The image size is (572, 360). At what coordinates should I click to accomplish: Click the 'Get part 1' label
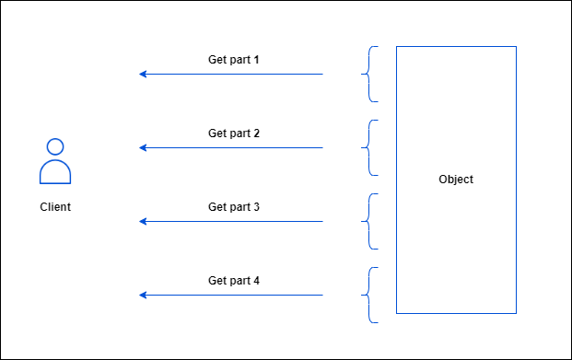(x=234, y=60)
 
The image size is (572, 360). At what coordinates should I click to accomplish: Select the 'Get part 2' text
(x=234, y=134)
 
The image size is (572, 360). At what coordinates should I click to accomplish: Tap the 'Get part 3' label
(x=234, y=207)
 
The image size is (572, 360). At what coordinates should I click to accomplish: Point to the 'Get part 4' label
(x=234, y=281)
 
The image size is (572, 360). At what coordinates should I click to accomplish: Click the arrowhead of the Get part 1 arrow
(x=143, y=74)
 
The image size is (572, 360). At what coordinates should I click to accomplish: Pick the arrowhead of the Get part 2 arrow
(x=143, y=147)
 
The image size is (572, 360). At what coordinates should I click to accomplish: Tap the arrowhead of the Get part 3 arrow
(x=143, y=221)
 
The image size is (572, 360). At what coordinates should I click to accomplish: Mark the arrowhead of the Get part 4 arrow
(x=143, y=295)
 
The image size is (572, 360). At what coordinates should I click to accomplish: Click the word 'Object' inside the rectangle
(x=456, y=180)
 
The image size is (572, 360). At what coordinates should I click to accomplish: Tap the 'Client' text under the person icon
(x=55, y=207)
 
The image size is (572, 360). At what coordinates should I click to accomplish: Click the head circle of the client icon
(x=55, y=146)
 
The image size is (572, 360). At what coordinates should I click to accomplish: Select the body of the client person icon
(x=55, y=173)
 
